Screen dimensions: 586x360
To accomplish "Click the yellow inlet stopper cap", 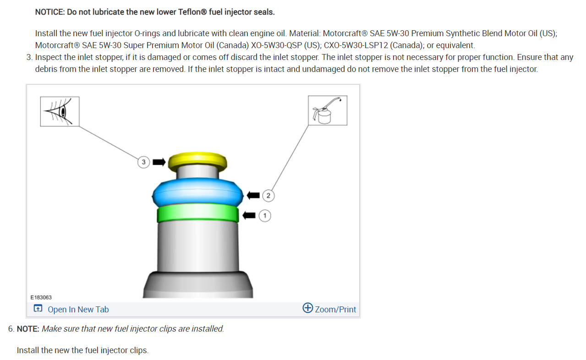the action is point(197,161).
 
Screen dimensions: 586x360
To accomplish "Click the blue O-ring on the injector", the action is point(198,192).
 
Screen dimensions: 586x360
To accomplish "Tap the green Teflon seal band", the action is point(198,213).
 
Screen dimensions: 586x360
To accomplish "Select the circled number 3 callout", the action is point(143,162).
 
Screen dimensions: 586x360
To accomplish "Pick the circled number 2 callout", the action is point(268,196).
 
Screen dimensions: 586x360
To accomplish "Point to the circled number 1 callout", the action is point(265,216).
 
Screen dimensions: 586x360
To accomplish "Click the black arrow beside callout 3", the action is point(159,162).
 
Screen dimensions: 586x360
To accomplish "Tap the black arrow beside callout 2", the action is point(253,195).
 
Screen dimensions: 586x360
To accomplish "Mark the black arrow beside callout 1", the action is point(249,216).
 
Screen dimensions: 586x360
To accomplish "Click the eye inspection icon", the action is point(60,112).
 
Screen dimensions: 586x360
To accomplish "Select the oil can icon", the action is point(328,110).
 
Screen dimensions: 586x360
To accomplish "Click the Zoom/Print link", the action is point(335,309).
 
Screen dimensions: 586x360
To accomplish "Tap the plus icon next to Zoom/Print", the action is point(307,308).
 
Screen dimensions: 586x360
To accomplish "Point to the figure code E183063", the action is point(41,298).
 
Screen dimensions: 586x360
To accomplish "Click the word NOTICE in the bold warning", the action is point(49,12).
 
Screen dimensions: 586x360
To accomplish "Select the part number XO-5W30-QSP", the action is point(276,45).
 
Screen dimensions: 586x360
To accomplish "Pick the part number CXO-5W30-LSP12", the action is point(356,45).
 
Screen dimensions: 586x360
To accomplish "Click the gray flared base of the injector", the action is point(198,284).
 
